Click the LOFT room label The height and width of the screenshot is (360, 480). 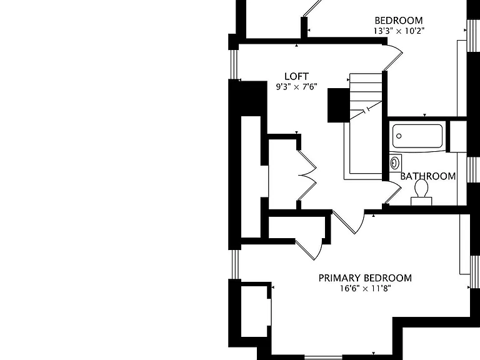[297, 76]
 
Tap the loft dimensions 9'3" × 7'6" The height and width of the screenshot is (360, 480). [296, 87]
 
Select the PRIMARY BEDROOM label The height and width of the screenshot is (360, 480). [365, 278]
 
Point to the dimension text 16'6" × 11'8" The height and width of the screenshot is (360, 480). [366, 288]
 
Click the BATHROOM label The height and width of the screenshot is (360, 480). [428, 176]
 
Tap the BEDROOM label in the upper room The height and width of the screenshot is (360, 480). [399, 21]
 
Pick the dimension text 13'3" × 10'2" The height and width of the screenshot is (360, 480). [399, 31]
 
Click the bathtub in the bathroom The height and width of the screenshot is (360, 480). [417, 136]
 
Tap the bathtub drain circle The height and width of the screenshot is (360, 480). [399, 136]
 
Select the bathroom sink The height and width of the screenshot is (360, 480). [395, 162]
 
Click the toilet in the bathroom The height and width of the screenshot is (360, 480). [421, 192]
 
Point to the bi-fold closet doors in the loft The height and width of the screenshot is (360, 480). [307, 175]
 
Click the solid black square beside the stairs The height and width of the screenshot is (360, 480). [339, 105]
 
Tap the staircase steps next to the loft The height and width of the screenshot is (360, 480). [366, 96]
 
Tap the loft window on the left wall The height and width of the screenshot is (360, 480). [234, 64]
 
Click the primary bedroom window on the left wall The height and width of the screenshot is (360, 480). [235, 264]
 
